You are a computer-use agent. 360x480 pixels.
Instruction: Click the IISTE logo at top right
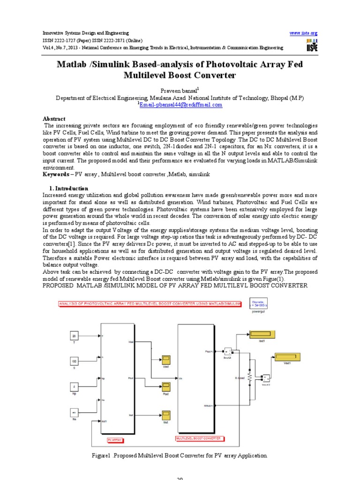[312, 45]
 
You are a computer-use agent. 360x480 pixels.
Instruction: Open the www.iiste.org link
[303, 33]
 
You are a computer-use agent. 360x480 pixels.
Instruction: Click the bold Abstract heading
[54, 119]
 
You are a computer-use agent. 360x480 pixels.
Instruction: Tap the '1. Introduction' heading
[69, 188]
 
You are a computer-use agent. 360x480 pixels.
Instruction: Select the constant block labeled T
[73, 337]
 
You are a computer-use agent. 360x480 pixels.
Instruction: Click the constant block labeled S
[73, 361]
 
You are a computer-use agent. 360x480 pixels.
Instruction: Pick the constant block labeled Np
[73, 387]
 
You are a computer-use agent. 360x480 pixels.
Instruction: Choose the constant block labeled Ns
[73, 412]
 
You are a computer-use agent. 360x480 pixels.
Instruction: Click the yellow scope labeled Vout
[166, 360]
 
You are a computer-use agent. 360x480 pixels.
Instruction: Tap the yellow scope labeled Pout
[166, 388]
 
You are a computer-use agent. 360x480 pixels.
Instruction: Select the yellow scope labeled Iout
[166, 414]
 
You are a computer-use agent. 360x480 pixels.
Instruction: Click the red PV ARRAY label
[115, 440]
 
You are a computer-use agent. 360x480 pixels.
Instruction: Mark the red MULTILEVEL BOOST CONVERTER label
[199, 438]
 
